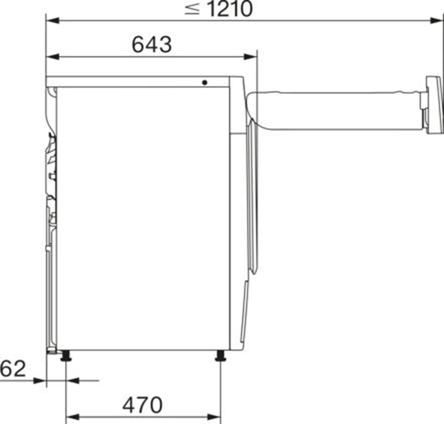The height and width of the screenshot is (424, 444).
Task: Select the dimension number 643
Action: tap(151, 45)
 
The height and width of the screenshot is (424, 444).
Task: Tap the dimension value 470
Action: tap(142, 405)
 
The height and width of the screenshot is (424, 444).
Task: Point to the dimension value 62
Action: tap(13, 369)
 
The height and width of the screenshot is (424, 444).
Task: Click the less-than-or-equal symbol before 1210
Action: tap(192, 9)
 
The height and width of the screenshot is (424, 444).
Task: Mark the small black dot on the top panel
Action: tap(205, 82)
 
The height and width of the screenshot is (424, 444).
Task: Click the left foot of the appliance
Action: tap(66, 356)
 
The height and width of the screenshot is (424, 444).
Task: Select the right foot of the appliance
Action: tap(220, 356)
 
